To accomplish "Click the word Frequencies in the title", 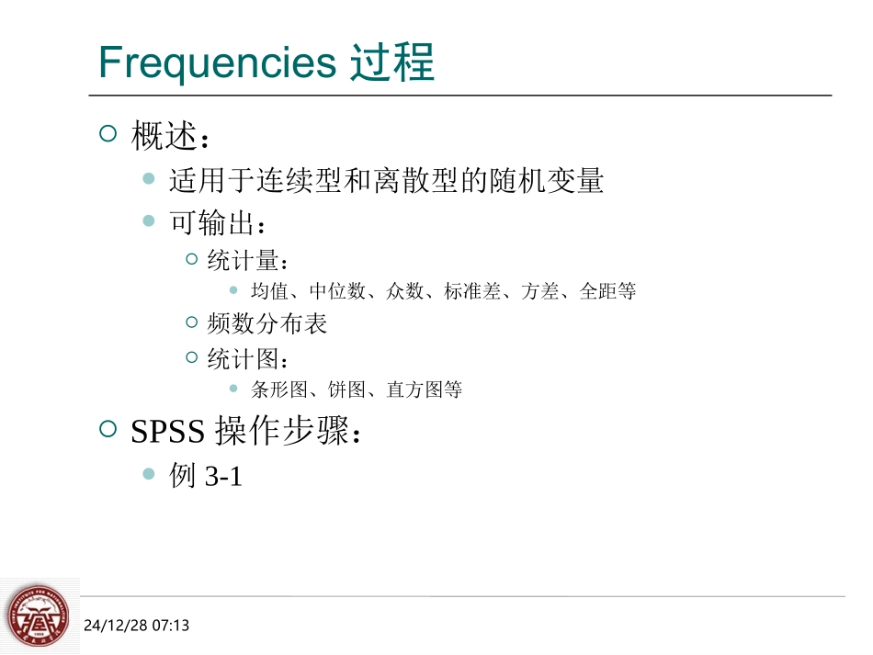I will coord(218,63).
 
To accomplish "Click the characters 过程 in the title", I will coord(392,63).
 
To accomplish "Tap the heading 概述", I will coord(164,137).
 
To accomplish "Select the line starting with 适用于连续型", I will coord(386,181).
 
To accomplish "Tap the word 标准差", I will coord(472,291).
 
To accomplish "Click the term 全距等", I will coord(607,291).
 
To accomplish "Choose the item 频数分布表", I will coord(267,324).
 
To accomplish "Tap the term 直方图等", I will coord(424,390).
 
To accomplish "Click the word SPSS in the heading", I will coord(169,432).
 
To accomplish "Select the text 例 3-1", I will coord(206,476).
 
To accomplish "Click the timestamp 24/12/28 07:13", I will coord(136,626).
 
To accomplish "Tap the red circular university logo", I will coord(38,616).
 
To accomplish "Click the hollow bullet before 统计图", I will coord(192,357).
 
